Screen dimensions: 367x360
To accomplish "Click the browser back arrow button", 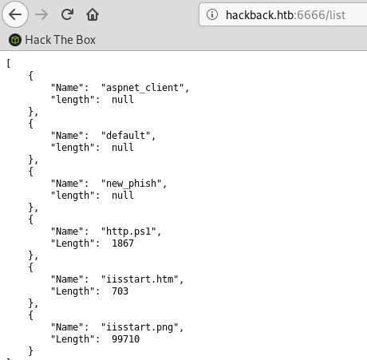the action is (x=15, y=14).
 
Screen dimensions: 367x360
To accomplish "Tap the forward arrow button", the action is (x=41, y=14).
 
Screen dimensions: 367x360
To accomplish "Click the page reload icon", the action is (x=67, y=14).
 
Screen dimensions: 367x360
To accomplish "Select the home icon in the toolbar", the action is (x=93, y=14).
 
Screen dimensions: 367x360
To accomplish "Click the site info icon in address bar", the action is (x=212, y=14).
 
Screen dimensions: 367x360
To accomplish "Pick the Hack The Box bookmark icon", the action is (x=15, y=40).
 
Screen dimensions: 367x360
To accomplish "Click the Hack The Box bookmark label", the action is (x=61, y=40).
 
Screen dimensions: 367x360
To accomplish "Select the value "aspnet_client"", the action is (x=142, y=88).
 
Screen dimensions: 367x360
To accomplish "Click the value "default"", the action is (x=125, y=135).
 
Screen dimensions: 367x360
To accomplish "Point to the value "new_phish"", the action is (x=131, y=184).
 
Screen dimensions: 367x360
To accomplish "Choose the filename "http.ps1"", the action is (x=128, y=231).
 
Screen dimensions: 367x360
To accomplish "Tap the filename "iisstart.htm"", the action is (x=140, y=279).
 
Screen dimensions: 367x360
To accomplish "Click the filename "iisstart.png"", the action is (x=140, y=327).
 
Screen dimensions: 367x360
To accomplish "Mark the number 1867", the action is (x=123, y=243).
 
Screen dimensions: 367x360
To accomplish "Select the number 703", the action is (x=120, y=291).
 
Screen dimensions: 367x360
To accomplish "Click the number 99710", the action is (x=125, y=339).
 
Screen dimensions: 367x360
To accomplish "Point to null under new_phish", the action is (x=123, y=196).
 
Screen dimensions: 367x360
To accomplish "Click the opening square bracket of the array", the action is (x=9, y=64).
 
